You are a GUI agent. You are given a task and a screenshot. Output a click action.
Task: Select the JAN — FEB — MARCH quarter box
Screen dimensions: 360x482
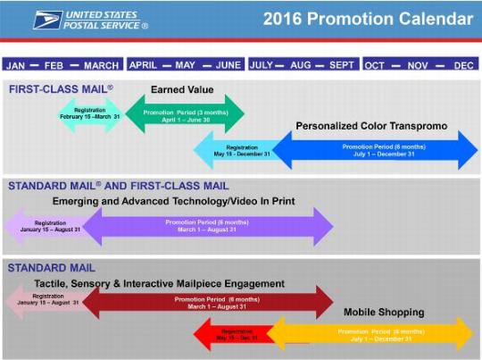[63, 65]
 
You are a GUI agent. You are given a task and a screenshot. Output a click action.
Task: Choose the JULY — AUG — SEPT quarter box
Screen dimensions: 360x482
[303, 65]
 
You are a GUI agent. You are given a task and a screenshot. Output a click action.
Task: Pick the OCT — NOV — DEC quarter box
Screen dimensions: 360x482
[420, 65]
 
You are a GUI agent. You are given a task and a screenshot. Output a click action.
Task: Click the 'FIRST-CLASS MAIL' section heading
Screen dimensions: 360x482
[61, 89]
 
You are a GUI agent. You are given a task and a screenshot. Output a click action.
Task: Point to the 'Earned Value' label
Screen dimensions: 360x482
[182, 90]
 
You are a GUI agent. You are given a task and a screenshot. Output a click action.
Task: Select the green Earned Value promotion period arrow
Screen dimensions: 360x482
[185, 113]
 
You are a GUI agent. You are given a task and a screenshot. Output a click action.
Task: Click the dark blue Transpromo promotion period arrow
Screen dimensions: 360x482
[375, 149]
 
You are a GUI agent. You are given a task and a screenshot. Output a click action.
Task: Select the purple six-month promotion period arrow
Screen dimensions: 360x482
[207, 225]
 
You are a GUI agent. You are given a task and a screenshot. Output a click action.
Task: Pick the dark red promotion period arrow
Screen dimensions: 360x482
[207, 303]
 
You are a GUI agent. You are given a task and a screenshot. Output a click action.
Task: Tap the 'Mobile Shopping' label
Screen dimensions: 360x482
[384, 312]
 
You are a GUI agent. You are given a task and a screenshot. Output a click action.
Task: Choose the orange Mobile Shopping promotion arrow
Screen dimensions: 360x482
[373, 334]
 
